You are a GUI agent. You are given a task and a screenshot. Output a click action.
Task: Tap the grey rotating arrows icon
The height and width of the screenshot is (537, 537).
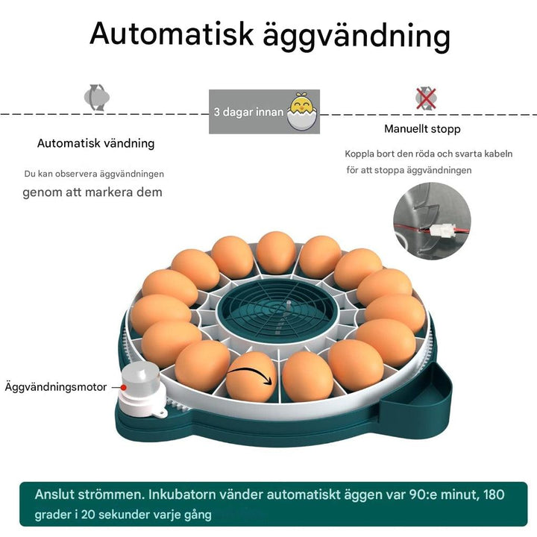[95, 96]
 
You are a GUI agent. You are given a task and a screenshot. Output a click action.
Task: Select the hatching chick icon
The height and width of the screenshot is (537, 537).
[302, 111]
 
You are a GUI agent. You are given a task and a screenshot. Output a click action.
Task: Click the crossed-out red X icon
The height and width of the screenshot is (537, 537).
[426, 97]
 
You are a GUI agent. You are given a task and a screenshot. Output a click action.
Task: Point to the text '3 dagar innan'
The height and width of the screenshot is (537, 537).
[248, 113]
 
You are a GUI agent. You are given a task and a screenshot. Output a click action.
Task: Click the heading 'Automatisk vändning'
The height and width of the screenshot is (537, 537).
[96, 143]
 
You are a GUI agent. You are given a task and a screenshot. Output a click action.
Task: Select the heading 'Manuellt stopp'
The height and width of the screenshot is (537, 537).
[422, 129]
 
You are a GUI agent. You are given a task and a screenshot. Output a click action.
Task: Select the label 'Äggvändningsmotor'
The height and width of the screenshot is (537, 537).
[56, 387]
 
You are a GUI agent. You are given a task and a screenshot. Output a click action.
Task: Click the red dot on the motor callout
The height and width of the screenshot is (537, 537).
[113, 387]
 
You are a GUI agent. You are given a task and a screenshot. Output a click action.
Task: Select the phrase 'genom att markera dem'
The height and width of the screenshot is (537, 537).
[92, 192]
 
